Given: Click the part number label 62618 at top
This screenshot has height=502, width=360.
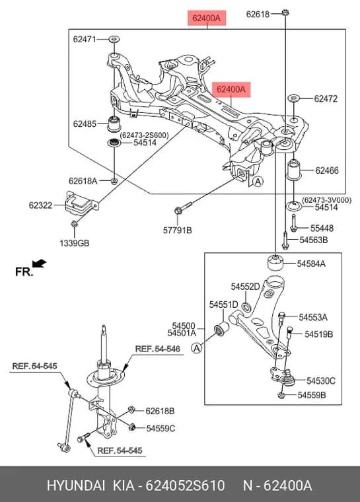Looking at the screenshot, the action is (x=258, y=14).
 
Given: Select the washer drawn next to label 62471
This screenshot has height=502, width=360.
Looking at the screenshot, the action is (x=114, y=40).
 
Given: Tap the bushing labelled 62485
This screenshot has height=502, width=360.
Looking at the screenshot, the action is (x=113, y=124).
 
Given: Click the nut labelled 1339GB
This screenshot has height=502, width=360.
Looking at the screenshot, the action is (x=74, y=224).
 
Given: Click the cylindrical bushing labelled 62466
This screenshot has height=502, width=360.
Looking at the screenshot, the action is (x=294, y=170).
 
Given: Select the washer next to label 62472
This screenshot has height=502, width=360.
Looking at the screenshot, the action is (x=293, y=98).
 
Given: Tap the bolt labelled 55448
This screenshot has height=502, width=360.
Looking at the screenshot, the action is (x=294, y=223).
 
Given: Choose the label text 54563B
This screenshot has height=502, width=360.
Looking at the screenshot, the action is (x=314, y=240).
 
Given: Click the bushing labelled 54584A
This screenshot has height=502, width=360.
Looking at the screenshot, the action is (x=275, y=262).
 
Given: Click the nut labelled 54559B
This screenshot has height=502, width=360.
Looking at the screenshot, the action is (x=281, y=395).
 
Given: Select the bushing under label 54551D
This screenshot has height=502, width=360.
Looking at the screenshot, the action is (x=221, y=328).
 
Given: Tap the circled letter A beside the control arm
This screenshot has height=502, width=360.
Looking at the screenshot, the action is (x=197, y=347).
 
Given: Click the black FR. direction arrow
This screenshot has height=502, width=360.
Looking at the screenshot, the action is (x=40, y=263).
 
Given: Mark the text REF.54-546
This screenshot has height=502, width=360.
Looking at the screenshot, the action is (x=158, y=349).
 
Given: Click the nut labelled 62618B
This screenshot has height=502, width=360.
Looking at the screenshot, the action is (x=131, y=410).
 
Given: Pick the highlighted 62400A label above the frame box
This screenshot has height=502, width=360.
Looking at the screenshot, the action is (x=207, y=18).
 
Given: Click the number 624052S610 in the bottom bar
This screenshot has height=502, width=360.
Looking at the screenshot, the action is (x=185, y=485).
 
